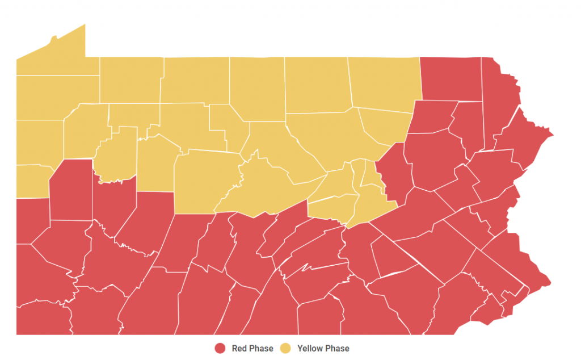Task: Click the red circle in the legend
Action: tap(220, 348)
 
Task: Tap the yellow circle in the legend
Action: tap(287, 348)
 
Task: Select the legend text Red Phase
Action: tap(252, 348)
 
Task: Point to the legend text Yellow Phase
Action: tap(323, 348)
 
